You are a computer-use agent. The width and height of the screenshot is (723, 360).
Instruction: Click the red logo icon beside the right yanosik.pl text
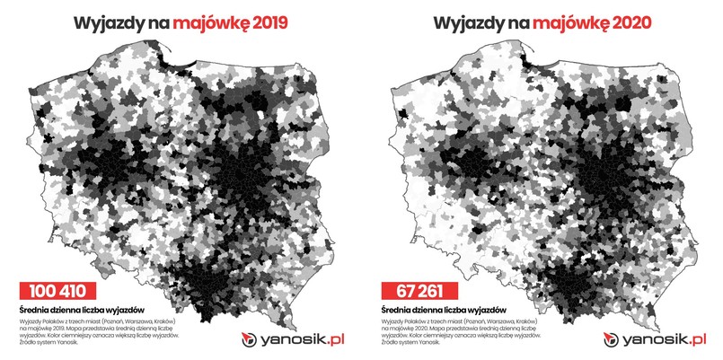(x=615, y=339)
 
